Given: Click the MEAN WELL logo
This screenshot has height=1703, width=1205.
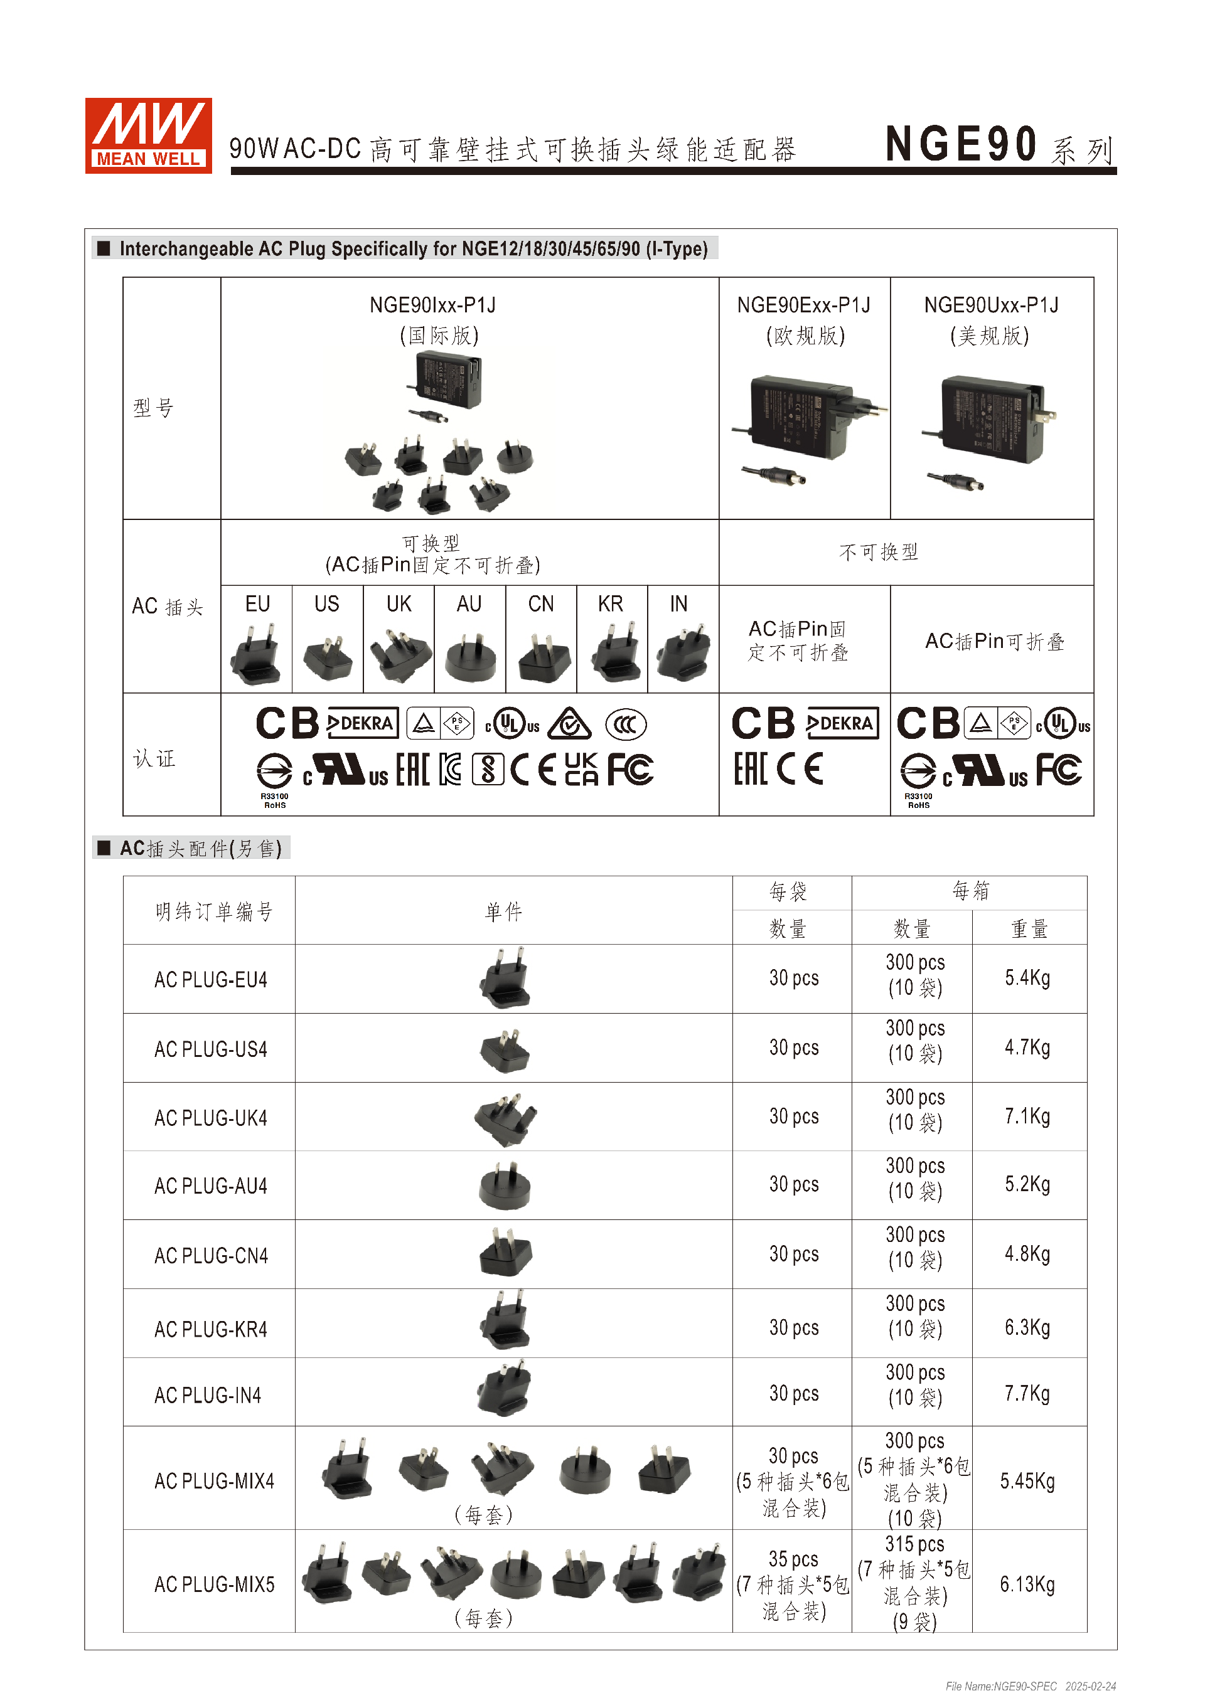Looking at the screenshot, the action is pyautogui.click(x=148, y=135).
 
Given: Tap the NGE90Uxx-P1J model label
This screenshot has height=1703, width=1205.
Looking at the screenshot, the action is pyautogui.click(x=992, y=305).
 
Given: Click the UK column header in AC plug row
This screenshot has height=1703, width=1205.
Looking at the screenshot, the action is pyautogui.click(x=399, y=604).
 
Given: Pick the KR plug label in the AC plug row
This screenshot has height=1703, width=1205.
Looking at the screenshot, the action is pyautogui.click(x=611, y=604).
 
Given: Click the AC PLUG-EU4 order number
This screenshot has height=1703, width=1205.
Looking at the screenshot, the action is pyautogui.click(x=211, y=980).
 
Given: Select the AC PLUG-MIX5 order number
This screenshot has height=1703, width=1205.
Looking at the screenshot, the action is pyautogui.click(x=215, y=1584).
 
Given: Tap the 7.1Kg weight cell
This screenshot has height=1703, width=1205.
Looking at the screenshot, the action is pyautogui.click(x=1027, y=1117).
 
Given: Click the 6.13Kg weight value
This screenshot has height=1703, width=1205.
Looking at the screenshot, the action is pyautogui.click(x=1027, y=1584).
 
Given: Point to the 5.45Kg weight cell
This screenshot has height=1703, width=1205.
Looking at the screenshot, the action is pyautogui.click(x=1027, y=1481).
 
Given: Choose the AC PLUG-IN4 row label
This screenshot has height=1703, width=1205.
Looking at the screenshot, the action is pyautogui.click(x=208, y=1396).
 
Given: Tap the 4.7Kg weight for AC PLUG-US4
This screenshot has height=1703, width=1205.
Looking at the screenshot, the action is pyautogui.click(x=1027, y=1048).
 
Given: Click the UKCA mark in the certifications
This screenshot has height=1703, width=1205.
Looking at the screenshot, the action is pyautogui.click(x=581, y=769).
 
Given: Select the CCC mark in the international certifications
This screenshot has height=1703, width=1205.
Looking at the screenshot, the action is pyautogui.click(x=626, y=724).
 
